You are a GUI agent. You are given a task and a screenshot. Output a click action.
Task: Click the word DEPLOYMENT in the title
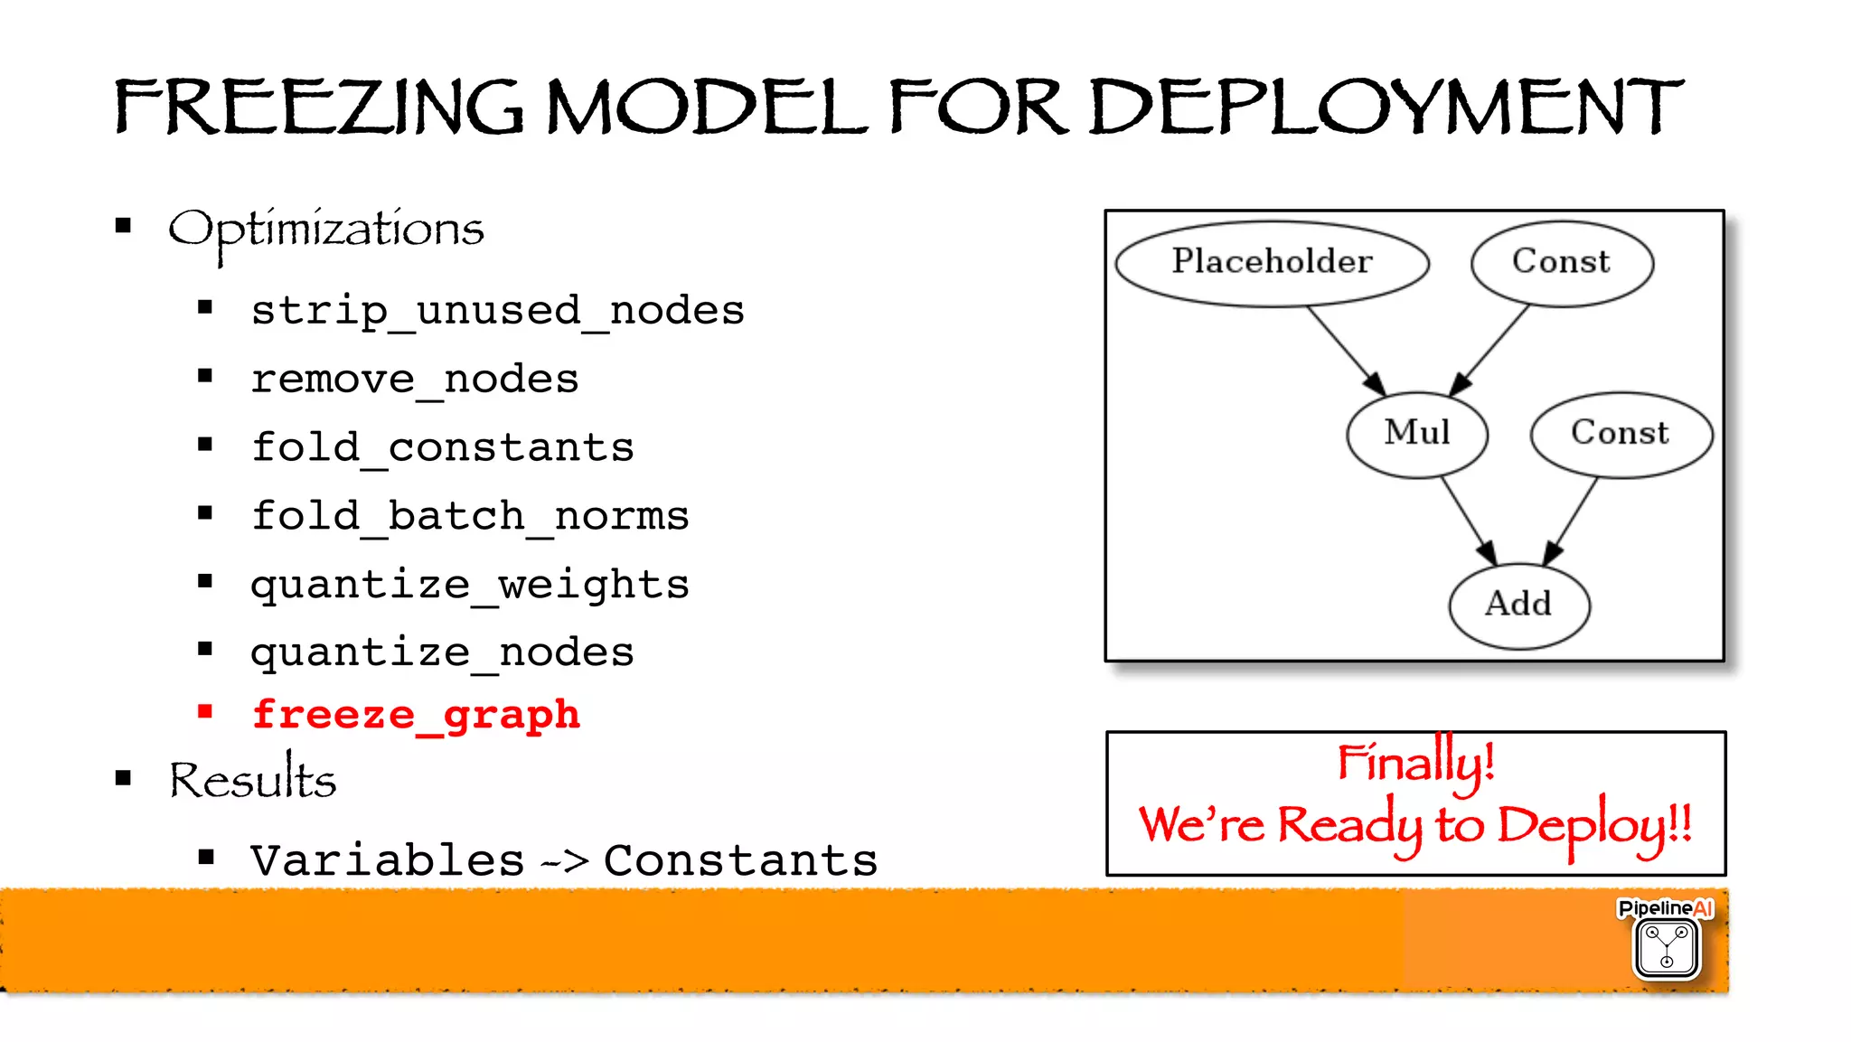1386,108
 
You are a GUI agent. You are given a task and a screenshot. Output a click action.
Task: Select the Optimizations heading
326,230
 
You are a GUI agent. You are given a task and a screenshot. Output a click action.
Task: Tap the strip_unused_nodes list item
497,311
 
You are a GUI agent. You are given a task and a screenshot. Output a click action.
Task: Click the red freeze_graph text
416,715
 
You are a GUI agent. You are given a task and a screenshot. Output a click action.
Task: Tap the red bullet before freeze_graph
205,712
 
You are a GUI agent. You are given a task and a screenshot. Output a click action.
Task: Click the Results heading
252,780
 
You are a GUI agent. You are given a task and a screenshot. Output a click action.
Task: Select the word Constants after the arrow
740,860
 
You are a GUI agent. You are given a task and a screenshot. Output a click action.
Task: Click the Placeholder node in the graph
1272,263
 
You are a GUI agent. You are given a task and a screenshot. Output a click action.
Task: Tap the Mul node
1416,434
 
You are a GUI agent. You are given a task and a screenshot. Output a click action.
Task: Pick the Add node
1518,605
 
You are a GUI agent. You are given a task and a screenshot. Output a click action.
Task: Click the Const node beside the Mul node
1621,434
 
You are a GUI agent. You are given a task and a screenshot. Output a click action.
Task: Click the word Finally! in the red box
1415,762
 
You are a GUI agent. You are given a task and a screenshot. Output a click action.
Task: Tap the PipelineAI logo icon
1667,947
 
